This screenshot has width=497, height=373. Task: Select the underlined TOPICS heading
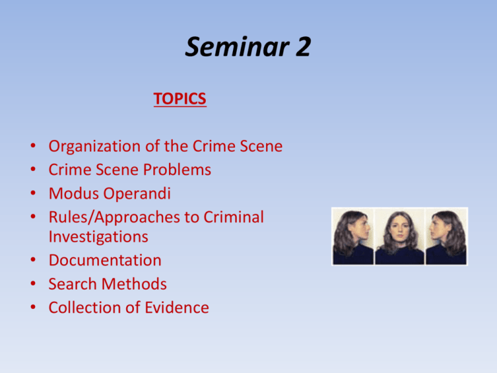tap(180, 99)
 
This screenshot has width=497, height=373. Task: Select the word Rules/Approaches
tap(111, 218)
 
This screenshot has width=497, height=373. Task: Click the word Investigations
tap(98, 237)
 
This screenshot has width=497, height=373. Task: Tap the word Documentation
tap(105, 260)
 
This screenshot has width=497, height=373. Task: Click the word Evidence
tap(175, 308)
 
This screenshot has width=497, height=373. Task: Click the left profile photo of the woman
tap(353, 236)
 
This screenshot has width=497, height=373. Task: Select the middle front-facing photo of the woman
tap(399, 236)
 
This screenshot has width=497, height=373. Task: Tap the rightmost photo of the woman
tap(445, 236)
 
